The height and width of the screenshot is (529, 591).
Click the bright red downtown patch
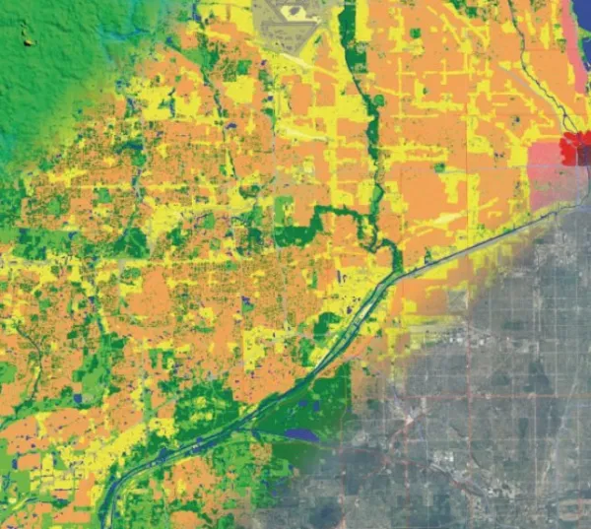tap(574, 149)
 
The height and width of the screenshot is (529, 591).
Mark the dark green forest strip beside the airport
tap(351, 39)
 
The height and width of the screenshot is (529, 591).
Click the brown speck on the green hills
tap(26, 40)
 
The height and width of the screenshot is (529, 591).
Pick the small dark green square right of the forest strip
tap(415, 33)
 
